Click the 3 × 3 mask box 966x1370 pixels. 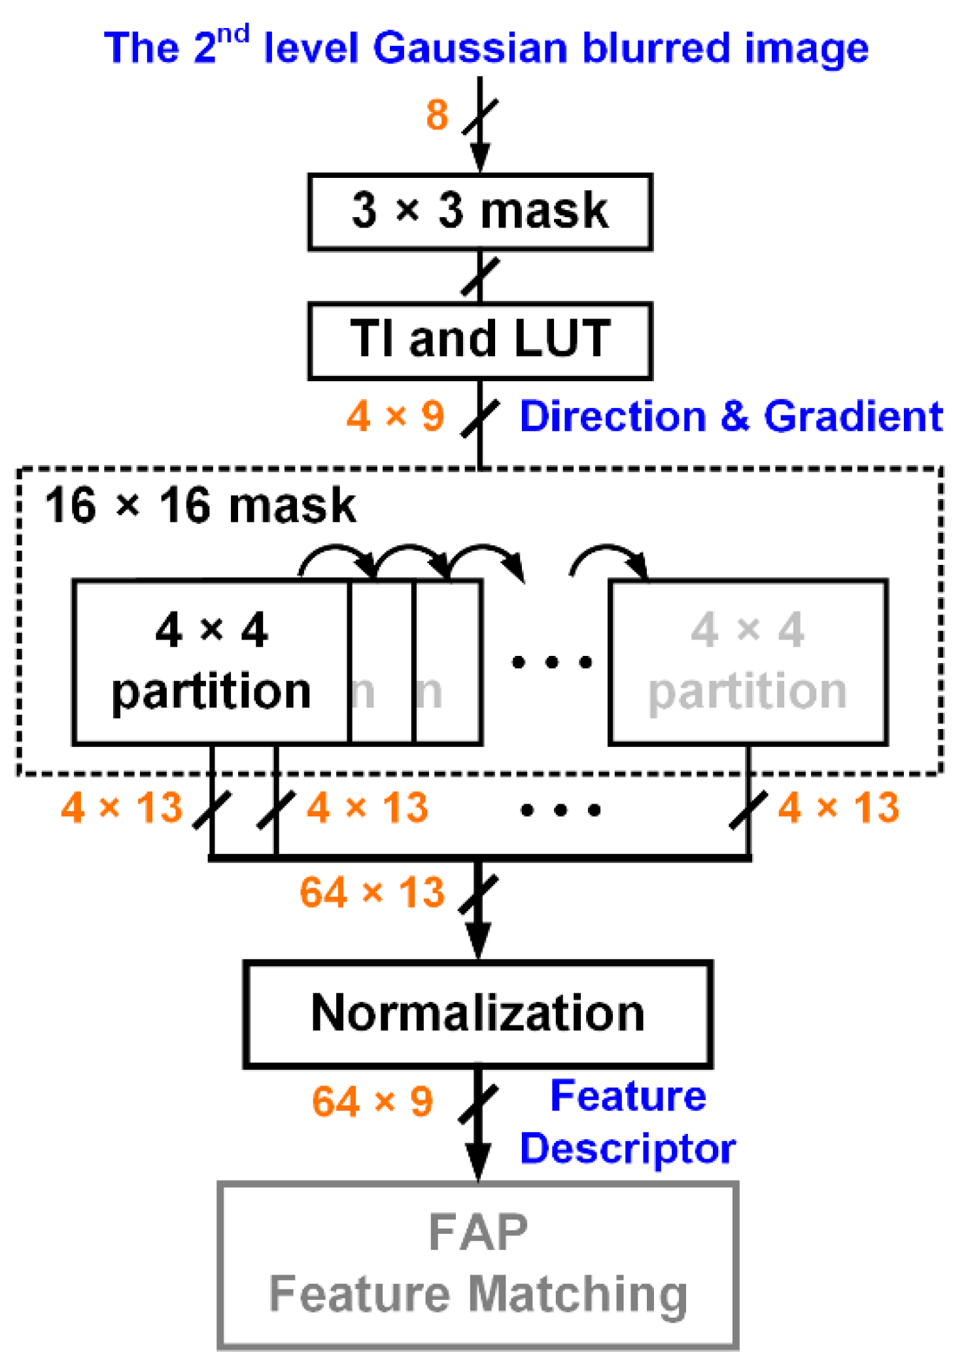(479, 211)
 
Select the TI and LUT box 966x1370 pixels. (479, 340)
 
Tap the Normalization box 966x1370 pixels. (477, 1014)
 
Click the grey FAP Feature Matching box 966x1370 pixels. (477, 1265)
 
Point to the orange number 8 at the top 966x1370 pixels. (437, 115)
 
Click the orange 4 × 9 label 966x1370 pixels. (395, 416)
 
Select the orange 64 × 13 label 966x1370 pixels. (371, 893)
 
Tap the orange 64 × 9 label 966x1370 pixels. (371, 1101)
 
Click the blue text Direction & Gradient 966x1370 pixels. (731, 416)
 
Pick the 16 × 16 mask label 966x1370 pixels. (199, 505)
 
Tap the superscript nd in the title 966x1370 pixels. (233, 33)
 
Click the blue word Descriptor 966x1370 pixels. (627, 1149)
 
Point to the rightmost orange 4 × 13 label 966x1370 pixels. (838, 808)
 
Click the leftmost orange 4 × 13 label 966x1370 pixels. (122, 808)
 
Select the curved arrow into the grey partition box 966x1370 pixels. (608, 557)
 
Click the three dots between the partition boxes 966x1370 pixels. (551, 662)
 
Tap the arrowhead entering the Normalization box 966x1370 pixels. (479, 942)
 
